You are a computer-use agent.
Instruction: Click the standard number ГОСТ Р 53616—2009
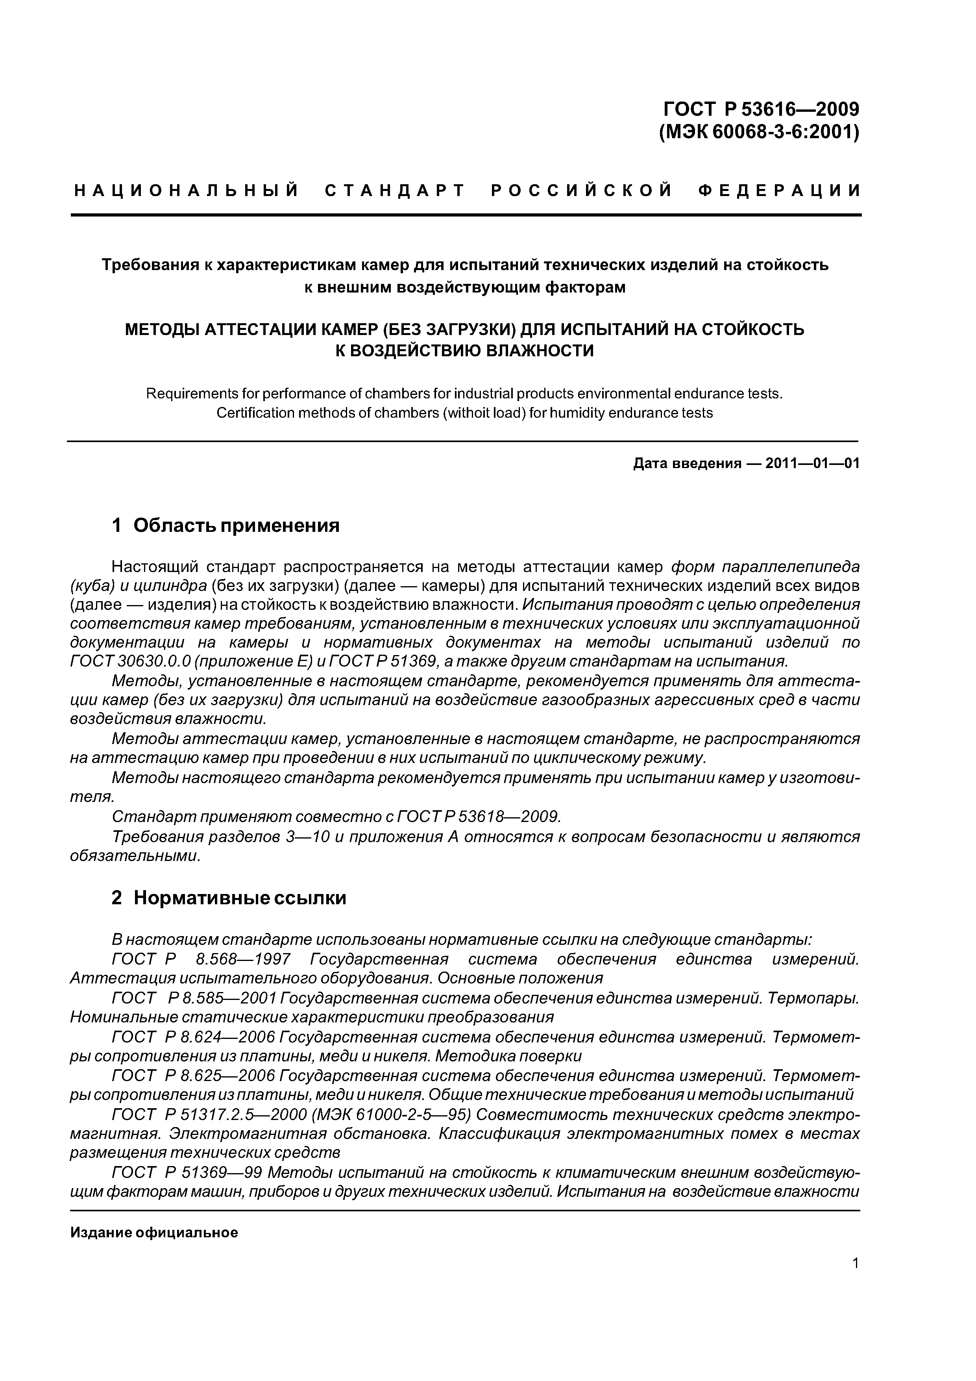tap(761, 109)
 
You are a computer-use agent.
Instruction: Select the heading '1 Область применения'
tap(226, 526)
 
